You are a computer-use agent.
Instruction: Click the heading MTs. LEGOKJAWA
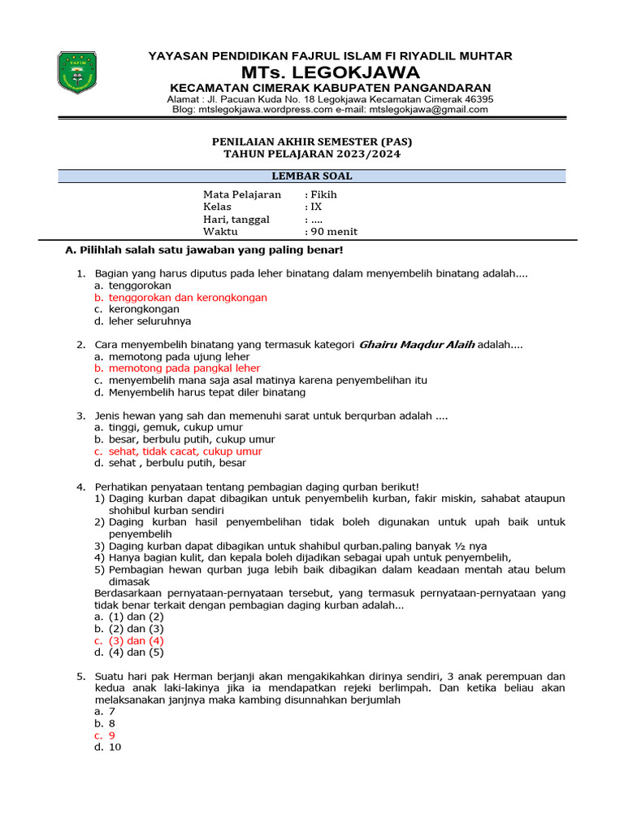pyautogui.click(x=329, y=72)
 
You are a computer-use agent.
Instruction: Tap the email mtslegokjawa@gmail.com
pyautogui.click(x=428, y=110)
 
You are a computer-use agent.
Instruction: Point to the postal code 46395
pyautogui.click(x=476, y=99)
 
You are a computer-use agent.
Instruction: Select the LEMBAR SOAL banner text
pyautogui.click(x=312, y=176)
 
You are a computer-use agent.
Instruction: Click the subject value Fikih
pyautogui.click(x=323, y=194)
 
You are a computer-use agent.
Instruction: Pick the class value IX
pyautogui.click(x=317, y=207)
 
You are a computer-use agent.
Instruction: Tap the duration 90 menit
pyautogui.click(x=334, y=231)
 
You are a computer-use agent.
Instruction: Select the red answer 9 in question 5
pyautogui.click(x=112, y=735)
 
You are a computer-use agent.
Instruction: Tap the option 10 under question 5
pyautogui.click(x=115, y=747)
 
